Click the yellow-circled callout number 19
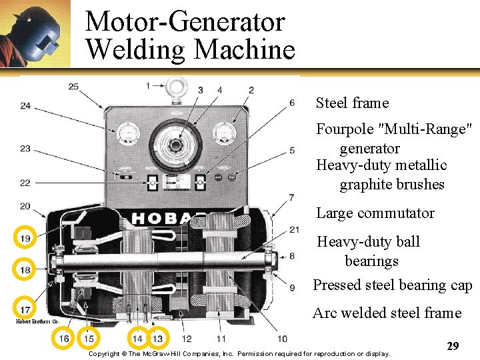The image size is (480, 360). [x=25, y=238]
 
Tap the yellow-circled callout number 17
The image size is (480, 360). [x=25, y=310]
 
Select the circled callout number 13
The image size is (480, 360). [x=157, y=339]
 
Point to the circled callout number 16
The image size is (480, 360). [x=64, y=339]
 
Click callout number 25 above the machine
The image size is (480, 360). [x=73, y=87]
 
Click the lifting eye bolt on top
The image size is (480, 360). [x=175, y=88]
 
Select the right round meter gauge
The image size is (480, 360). [x=225, y=133]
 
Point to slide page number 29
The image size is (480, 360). [x=453, y=346]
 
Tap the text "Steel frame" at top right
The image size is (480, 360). [x=352, y=103]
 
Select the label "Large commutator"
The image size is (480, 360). [x=375, y=213]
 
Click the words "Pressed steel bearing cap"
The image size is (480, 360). [x=393, y=285]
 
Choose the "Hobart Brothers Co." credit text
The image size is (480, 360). [x=38, y=321]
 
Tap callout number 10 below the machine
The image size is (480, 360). [x=282, y=339]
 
